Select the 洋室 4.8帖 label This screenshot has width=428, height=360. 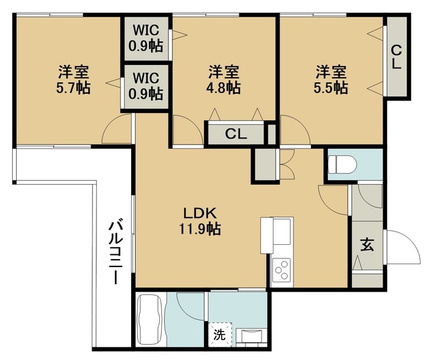click(x=223, y=79)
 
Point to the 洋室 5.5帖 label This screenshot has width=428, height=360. click(x=330, y=79)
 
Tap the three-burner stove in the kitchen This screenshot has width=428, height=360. click(x=282, y=270)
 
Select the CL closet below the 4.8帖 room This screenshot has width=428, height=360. click(x=235, y=134)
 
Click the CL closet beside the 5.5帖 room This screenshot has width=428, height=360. click(x=396, y=58)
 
